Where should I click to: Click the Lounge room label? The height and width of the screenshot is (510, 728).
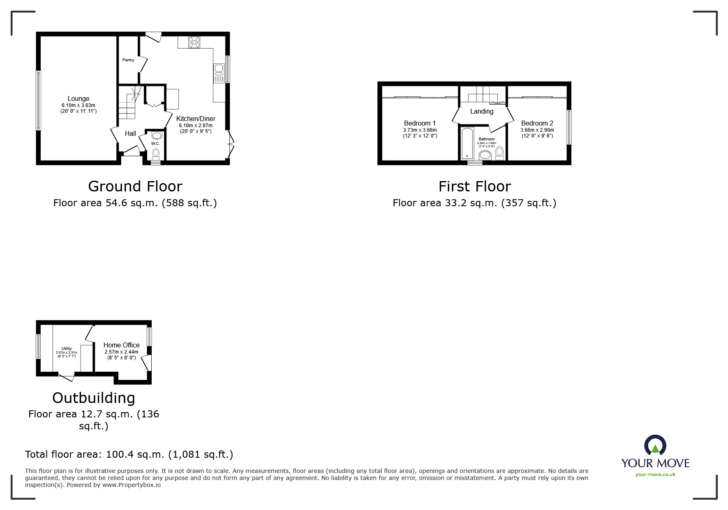[x=78, y=99]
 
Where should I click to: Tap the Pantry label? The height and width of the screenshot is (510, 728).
[x=128, y=60]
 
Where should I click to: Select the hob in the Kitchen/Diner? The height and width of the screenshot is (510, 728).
[x=194, y=42]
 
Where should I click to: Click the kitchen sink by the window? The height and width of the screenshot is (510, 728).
[x=218, y=73]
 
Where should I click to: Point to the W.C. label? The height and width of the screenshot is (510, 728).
[x=155, y=144]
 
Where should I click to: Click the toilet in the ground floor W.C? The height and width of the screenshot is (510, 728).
[x=156, y=154]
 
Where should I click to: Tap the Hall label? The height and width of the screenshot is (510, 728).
[x=130, y=133]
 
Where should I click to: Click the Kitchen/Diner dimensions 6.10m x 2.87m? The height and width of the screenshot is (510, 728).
[x=195, y=126]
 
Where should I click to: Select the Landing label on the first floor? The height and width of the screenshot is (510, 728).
[x=482, y=111]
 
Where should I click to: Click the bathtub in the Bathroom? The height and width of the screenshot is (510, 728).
[x=467, y=143]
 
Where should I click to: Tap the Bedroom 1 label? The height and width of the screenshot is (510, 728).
[x=420, y=123]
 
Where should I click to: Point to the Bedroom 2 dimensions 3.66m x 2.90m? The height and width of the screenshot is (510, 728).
[x=537, y=130]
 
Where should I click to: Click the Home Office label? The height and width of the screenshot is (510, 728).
[x=121, y=345]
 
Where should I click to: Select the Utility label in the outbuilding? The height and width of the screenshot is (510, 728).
[x=67, y=349]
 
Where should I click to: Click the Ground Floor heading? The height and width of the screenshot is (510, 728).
[x=135, y=186]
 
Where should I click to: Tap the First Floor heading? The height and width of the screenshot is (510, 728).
[x=474, y=186]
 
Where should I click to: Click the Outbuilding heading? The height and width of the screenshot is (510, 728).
[x=94, y=398]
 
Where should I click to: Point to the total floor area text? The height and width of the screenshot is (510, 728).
[x=129, y=454]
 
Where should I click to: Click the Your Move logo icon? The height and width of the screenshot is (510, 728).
[x=655, y=445]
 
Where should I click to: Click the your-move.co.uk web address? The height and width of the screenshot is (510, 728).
[x=655, y=474]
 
